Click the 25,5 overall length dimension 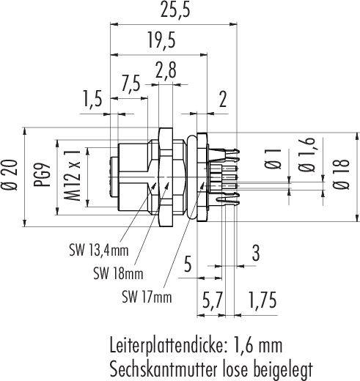pos(175,10)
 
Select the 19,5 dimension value pos(161,40)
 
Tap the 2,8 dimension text pos(165,70)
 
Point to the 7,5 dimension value pos(131,84)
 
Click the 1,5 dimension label pos(92,99)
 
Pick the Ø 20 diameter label pos(10,175)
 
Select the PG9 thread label pos(43,175)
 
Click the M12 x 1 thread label pos(73,175)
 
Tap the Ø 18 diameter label pos(341,174)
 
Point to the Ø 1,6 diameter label pos(306,155)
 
